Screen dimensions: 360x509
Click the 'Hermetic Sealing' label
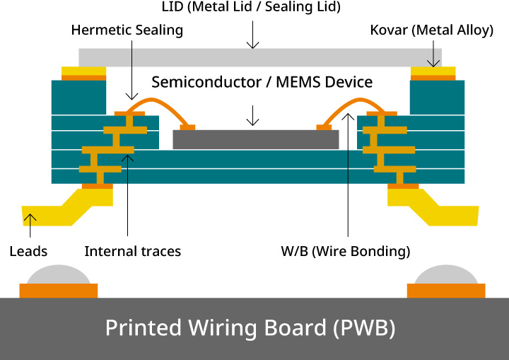[127, 30]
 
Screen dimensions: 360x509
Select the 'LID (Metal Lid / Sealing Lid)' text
[252, 8]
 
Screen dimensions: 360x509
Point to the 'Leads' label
[28, 251]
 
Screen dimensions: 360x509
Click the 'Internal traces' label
[132, 251]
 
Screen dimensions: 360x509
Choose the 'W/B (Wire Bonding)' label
[346, 251]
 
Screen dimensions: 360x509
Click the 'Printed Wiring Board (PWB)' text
[250, 328]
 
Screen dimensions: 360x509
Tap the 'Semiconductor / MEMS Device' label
[262, 81]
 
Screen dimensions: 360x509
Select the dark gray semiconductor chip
[255, 139]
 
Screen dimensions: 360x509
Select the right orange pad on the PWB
[446, 291]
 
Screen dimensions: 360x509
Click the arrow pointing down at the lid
[252, 40]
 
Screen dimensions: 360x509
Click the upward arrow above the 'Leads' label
[30, 225]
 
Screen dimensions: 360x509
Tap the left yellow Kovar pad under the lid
[84, 71]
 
